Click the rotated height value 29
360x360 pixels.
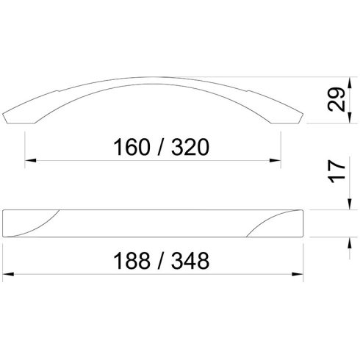(337, 101)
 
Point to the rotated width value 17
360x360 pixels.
(337, 173)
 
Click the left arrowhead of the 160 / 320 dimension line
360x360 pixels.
(30, 160)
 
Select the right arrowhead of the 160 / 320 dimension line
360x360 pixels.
(280, 160)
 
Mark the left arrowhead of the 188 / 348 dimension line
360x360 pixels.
(9, 273)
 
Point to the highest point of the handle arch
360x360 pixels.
(155, 76)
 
